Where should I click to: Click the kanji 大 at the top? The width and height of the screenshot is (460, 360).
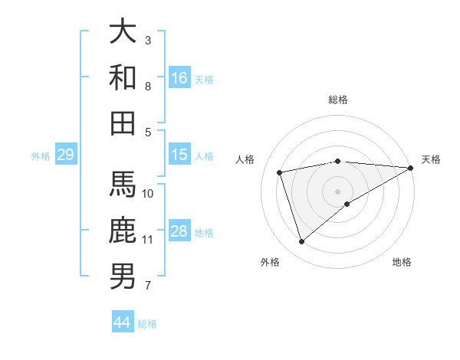coord(123,31)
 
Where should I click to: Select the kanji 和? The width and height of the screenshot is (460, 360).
coord(123,77)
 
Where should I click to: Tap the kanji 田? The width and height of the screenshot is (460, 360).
coord(123,123)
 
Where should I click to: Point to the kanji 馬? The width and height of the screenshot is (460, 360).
coord(123,185)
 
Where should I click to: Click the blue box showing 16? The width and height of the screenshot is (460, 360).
coord(179,77)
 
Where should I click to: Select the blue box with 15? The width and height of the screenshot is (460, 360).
coord(179,155)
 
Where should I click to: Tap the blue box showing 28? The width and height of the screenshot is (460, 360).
coord(179,231)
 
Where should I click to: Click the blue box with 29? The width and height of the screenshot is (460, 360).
coord(65,155)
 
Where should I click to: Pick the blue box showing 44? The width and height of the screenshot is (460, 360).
coord(123,322)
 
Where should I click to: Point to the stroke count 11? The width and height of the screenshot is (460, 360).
coord(147,240)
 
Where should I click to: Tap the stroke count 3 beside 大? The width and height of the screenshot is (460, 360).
coord(148,40)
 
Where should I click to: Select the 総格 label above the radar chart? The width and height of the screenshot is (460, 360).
coord(338,100)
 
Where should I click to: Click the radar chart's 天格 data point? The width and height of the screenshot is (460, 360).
coord(411,169)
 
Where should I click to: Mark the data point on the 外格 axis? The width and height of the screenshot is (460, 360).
coord(301,242)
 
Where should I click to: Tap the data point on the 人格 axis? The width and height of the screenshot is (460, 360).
coord(280,172)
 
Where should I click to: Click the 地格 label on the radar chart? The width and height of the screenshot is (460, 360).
coord(402,262)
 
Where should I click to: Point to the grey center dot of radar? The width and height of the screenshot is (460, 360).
coord(338,190)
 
